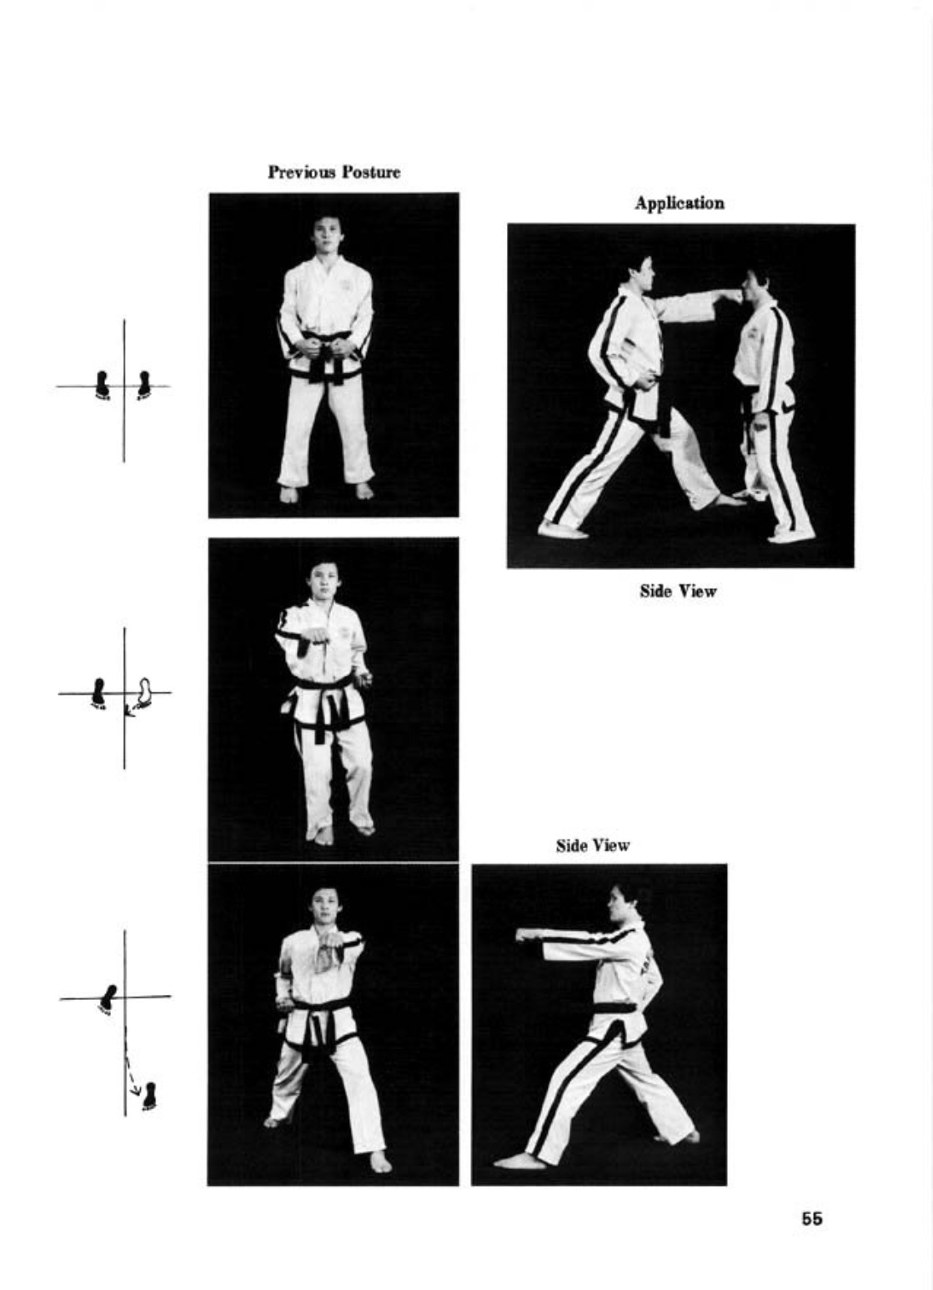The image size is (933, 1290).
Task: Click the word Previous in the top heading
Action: (x=302, y=172)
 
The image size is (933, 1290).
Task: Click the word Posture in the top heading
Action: (x=371, y=172)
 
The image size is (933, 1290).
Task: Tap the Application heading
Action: (x=680, y=203)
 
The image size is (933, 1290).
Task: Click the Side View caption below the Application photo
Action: (x=679, y=591)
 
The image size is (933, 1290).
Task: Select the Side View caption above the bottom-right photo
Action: (x=593, y=845)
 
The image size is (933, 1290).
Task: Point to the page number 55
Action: (x=812, y=1218)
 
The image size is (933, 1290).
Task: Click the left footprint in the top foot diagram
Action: (x=102, y=385)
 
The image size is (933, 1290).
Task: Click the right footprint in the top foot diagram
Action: (x=143, y=385)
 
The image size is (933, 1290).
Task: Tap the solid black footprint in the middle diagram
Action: (x=99, y=692)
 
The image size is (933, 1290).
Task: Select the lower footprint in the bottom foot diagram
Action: (x=150, y=1095)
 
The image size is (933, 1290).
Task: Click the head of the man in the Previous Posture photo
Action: (x=327, y=234)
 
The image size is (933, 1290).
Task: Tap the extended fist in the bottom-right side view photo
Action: (x=525, y=934)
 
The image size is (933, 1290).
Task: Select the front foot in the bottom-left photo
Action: (x=379, y=1162)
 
